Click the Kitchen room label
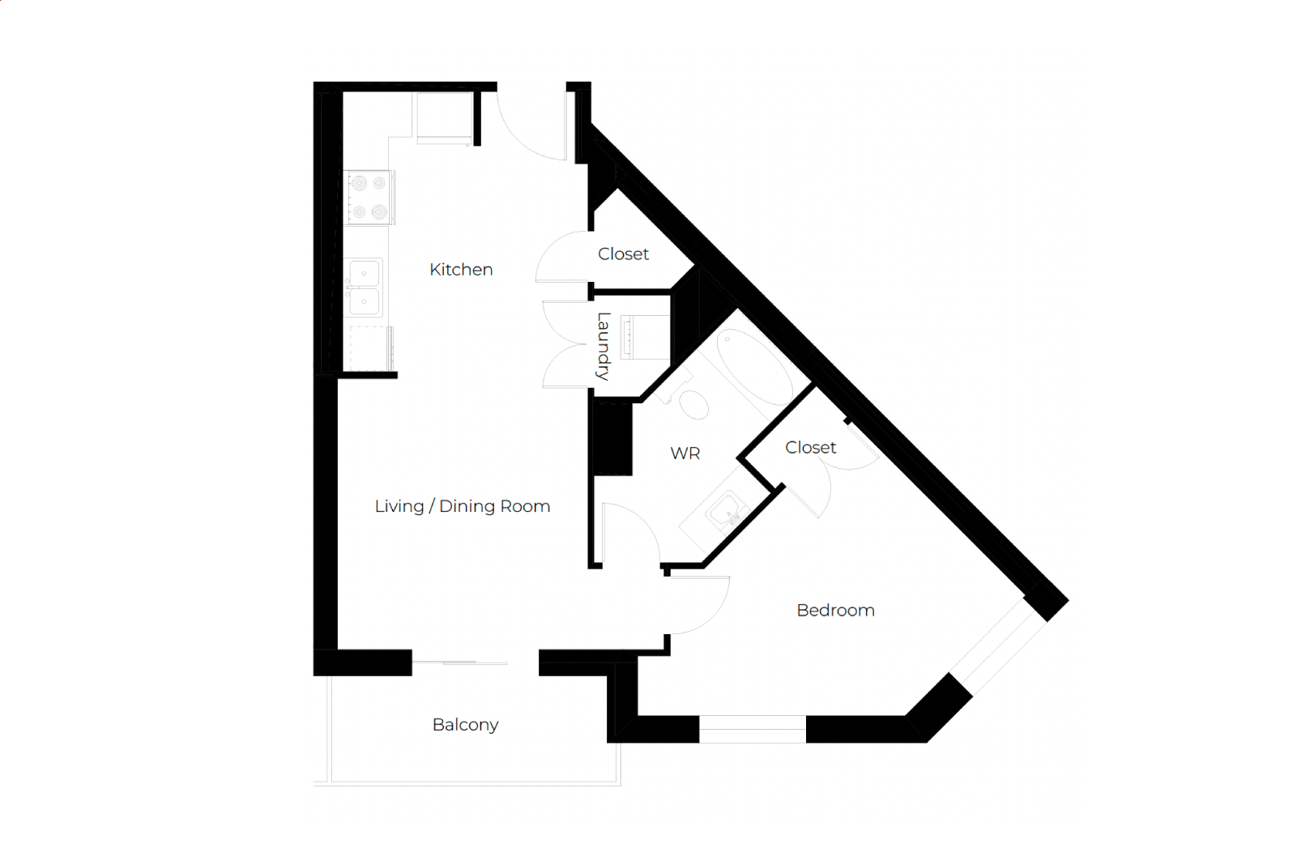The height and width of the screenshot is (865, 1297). [x=461, y=269]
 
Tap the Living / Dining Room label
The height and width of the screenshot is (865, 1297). [x=462, y=506]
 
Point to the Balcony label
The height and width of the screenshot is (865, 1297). [x=465, y=725]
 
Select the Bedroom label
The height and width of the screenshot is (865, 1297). [x=835, y=610]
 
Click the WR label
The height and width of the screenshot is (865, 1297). [x=685, y=454]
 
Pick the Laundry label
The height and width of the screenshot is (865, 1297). [x=604, y=346]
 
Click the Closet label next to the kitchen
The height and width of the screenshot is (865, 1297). [x=623, y=254]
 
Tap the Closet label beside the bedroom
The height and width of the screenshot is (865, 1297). [x=811, y=448]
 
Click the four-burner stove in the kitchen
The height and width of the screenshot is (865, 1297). [x=369, y=197]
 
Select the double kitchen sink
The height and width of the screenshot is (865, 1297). [x=365, y=288]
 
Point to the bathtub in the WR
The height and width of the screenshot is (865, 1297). [x=755, y=367]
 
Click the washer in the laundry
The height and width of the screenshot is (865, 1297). [x=644, y=338]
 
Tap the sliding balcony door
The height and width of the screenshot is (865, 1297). [x=459, y=663]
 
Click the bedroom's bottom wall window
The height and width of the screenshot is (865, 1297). [x=752, y=729]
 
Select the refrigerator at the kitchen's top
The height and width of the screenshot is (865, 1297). [x=445, y=117]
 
